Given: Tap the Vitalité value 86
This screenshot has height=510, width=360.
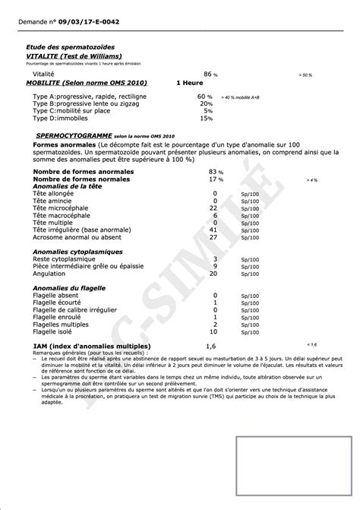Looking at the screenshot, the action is [x=210, y=74].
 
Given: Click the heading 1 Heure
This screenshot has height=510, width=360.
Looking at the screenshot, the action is [x=190, y=83].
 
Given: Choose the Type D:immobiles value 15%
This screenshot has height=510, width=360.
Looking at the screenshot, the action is [x=207, y=118].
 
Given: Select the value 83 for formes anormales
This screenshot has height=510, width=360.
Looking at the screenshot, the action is [x=213, y=173].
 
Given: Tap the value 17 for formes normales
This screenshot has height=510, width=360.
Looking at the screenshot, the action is [x=213, y=179].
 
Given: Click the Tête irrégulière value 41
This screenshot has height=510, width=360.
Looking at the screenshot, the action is [x=213, y=229].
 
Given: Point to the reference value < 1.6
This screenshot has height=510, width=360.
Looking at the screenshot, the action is [x=311, y=344].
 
